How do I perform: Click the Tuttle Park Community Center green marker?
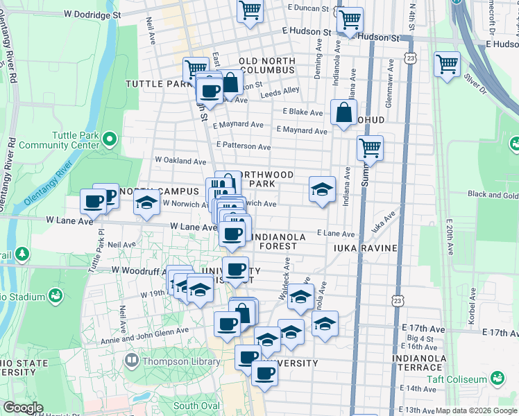pyautogui.click(x=109, y=140)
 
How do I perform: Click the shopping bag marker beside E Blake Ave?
pyautogui.click(x=344, y=112)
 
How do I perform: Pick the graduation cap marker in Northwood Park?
pyautogui.click(x=322, y=189)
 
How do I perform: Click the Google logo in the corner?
pyautogui.click(x=24, y=408)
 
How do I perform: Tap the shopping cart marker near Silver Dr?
pyautogui.click(x=448, y=64)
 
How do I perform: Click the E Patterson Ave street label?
pyautogui.click(x=243, y=146)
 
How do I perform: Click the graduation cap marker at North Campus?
pyautogui.click(x=146, y=203)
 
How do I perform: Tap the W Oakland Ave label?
pyautogui.click(x=180, y=161)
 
